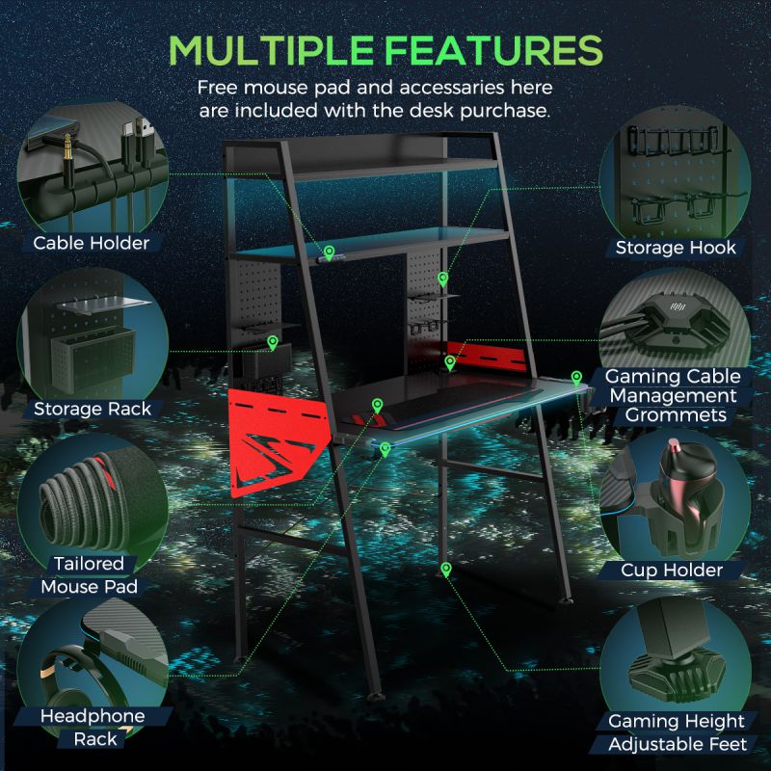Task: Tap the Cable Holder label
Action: [91, 243]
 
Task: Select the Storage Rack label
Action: [93, 409]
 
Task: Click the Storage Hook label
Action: [676, 248]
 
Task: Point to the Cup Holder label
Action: [672, 571]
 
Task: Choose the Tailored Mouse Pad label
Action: [89, 574]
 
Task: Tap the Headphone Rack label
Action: [93, 728]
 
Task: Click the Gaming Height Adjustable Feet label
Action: [678, 732]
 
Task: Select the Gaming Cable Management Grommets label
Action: [673, 396]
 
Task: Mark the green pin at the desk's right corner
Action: [576, 378]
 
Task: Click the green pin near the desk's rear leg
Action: [446, 570]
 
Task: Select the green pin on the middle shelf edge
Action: [329, 253]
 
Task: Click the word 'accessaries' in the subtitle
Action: [452, 88]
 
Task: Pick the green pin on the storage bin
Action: [273, 343]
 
